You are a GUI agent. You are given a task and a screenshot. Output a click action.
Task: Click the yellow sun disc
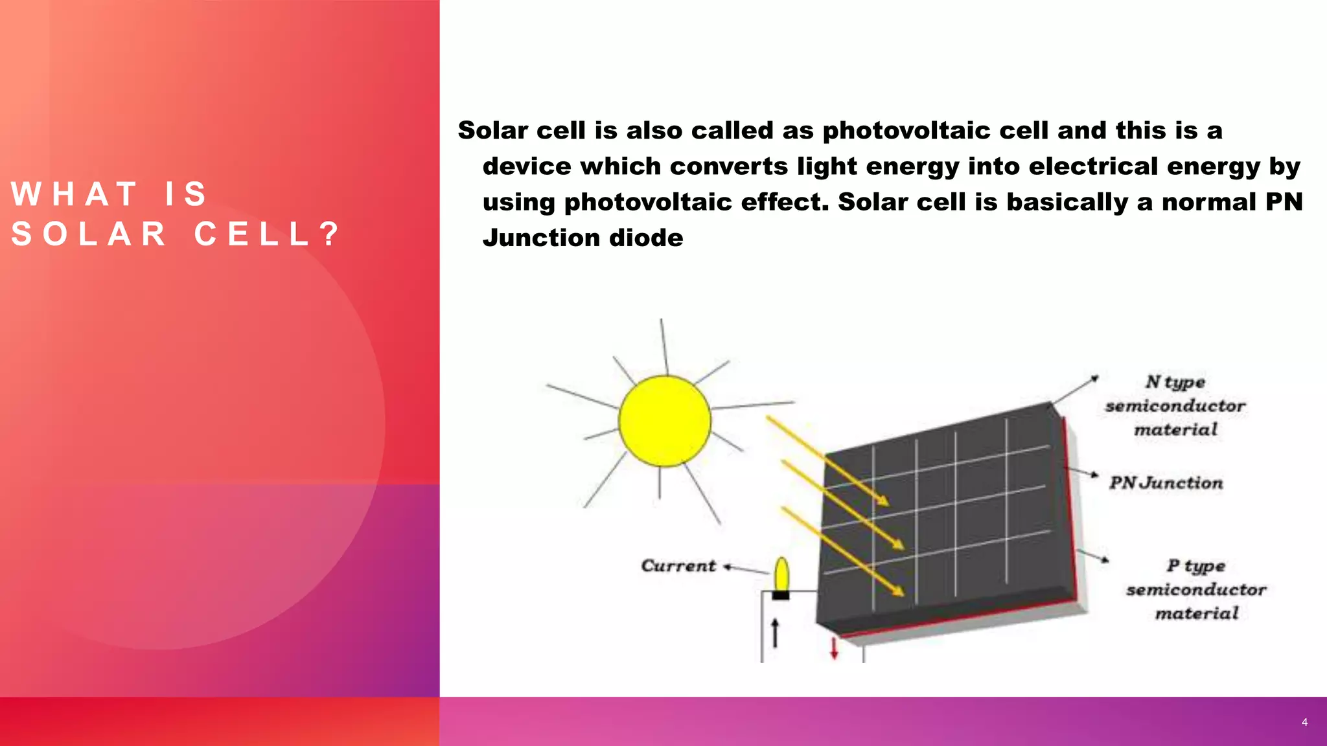(x=664, y=421)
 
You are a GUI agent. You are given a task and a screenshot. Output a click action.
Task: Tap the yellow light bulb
(x=782, y=574)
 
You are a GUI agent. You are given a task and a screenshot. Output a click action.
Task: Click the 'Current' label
(x=678, y=566)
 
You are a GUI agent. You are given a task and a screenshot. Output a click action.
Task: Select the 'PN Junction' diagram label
(x=1166, y=483)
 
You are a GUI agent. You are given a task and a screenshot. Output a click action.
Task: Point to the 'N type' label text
(x=1175, y=382)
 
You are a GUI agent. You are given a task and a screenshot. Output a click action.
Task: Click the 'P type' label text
(x=1196, y=566)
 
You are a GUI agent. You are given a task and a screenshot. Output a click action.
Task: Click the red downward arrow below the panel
(x=834, y=648)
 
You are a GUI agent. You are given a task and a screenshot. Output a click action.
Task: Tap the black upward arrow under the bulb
(x=775, y=632)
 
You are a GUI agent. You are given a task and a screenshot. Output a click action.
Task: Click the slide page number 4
(x=1304, y=722)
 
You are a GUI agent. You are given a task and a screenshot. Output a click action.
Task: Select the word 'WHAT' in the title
(x=75, y=194)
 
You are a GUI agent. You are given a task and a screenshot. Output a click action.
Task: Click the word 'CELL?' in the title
(x=266, y=234)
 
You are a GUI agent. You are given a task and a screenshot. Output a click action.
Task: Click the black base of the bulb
(x=781, y=595)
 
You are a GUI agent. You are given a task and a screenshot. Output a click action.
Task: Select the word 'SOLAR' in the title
(x=89, y=234)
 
